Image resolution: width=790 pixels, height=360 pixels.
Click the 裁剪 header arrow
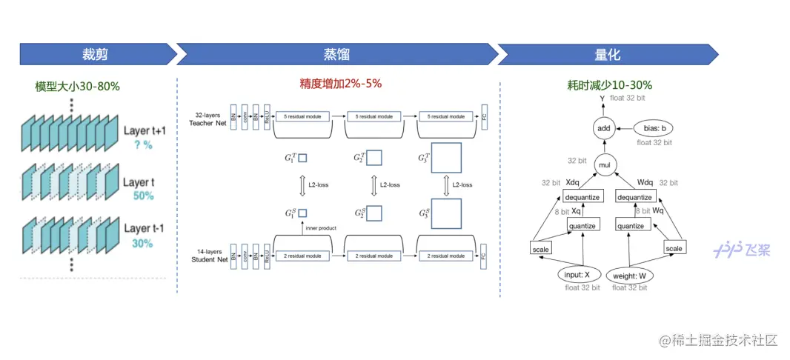(x=98, y=55)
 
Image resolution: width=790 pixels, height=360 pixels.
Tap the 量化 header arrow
(x=607, y=55)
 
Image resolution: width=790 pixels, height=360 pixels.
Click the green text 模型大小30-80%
(x=78, y=86)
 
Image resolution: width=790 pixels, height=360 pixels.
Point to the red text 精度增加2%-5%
(x=340, y=84)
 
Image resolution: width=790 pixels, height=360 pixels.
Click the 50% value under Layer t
(x=143, y=196)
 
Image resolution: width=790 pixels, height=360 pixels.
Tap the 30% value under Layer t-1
(x=143, y=243)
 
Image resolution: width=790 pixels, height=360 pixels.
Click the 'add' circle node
(x=603, y=129)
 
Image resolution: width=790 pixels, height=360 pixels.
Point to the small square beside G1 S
(x=302, y=213)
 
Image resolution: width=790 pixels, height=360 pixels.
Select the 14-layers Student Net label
(x=208, y=256)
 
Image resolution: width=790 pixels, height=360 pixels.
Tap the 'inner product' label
(x=320, y=228)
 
